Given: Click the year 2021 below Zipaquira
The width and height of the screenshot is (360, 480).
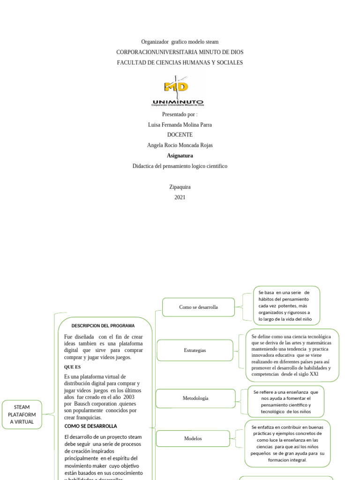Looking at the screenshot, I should [x=180, y=197].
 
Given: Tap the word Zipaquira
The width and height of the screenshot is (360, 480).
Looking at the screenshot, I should [x=180, y=187].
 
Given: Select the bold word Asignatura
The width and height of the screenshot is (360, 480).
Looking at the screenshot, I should [x=180, y=156].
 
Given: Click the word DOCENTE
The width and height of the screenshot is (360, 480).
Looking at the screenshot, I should [x=180, y=135].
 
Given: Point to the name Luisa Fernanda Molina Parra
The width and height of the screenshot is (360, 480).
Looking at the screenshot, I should [x=180, y=125].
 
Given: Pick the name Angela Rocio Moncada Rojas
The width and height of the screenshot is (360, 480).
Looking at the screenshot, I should [x=180, y=145].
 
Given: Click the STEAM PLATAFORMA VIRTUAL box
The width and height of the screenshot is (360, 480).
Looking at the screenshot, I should [x=22, y=414].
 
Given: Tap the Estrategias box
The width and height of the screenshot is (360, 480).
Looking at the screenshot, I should [x=195, y=350].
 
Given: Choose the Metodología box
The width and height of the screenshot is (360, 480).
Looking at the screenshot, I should [x=195, y=398].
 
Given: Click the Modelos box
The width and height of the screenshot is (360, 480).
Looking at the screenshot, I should [x=193, y=438].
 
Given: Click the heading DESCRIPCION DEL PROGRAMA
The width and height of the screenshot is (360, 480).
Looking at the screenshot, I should [x=103, y=326].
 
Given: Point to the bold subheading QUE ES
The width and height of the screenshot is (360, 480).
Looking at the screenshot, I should [x=73, y=367].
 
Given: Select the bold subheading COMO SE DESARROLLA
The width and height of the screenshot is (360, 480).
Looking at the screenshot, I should [x=91, y=426].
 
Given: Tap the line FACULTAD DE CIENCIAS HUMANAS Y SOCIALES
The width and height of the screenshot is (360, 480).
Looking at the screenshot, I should [x=180, y=63].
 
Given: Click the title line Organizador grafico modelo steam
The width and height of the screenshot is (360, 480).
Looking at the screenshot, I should [x=180, y=42].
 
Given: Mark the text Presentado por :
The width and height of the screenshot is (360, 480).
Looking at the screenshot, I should [x=180, y=114].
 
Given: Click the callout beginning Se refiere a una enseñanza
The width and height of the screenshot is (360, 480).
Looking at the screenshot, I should [x=285, y=402].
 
